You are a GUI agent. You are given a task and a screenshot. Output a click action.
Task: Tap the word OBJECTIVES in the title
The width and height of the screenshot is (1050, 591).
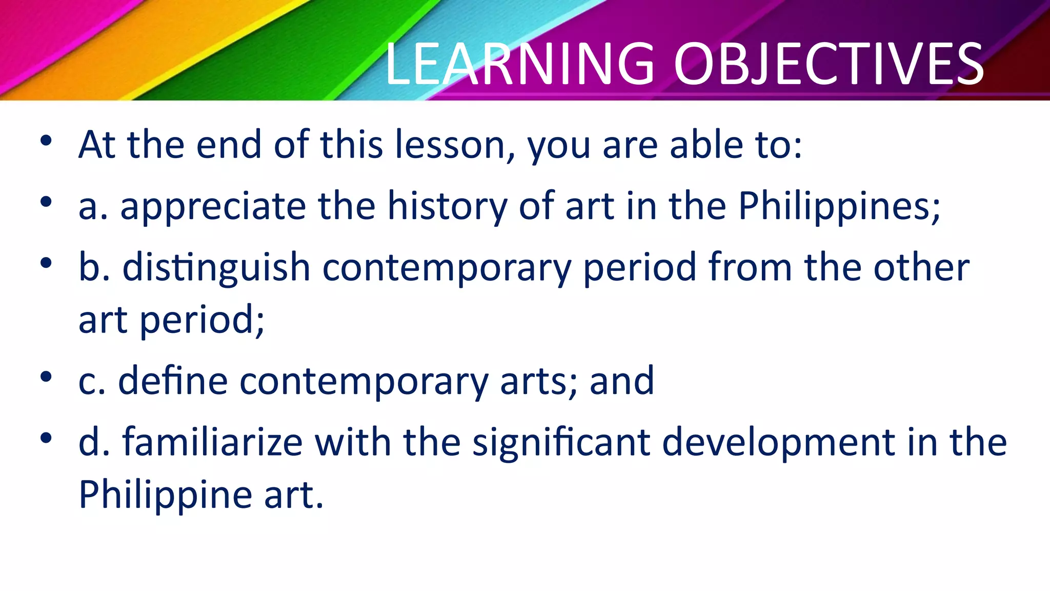[x=829, y=64]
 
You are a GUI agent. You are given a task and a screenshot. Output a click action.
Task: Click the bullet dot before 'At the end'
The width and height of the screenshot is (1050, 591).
[x=46, y=141]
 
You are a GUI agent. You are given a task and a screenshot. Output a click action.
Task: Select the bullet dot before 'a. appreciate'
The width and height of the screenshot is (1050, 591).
[x=46, y=202]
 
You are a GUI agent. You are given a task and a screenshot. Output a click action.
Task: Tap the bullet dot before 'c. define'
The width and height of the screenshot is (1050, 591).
[x=46, y=377]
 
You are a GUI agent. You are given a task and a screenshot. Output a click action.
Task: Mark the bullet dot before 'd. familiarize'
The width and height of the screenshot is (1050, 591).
[x=46, y=438]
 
